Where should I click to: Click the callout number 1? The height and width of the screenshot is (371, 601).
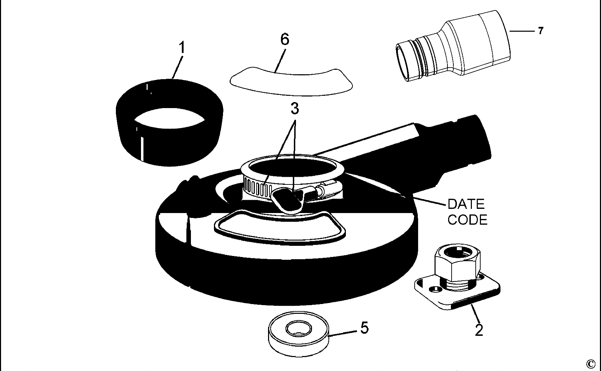pos(181,48)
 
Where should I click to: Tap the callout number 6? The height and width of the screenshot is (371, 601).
pos(285,39)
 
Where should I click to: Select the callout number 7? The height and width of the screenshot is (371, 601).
pos(541,31)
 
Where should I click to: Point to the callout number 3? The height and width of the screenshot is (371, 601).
pos(295,109)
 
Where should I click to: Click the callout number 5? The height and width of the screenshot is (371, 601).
pos(364,328)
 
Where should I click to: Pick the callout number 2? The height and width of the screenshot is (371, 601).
pos(479,330)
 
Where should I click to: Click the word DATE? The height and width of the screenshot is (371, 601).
pos(466,204)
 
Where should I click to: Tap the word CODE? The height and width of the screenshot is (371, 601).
pos(467,220)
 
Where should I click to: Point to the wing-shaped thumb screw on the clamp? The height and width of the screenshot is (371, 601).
pos(288,200)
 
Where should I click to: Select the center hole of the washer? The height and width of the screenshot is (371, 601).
pos(298,328)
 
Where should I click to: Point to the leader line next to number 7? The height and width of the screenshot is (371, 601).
pos(522,31)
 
